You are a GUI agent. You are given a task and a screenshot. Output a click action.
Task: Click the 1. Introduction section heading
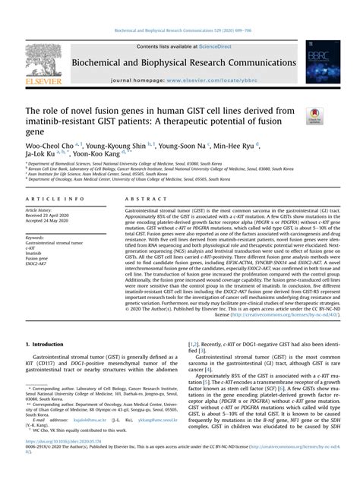tap(47, 345)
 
